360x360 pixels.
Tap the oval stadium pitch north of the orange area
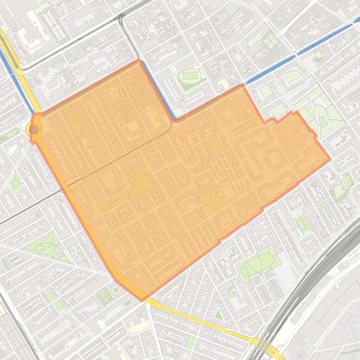click(190, 76)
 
